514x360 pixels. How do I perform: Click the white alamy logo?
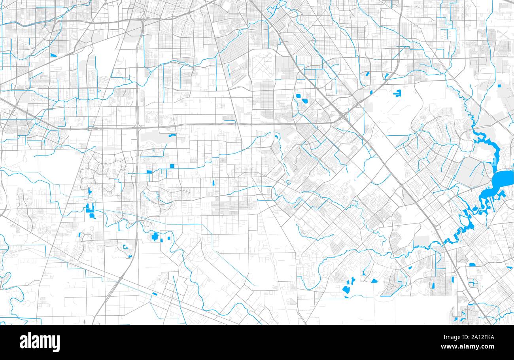40,342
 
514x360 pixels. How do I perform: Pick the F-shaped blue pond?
397,94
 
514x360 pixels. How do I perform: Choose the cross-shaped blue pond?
155,237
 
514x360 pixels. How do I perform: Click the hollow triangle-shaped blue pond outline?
126,247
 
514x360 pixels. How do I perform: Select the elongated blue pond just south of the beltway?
172,136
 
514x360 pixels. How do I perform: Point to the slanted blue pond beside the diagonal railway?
154,294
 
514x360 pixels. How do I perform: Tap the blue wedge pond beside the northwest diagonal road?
53,55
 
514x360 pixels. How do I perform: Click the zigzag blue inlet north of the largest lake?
484,138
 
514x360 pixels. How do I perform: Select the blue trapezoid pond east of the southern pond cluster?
374,281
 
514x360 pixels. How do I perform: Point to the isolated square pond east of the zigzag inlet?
499,85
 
